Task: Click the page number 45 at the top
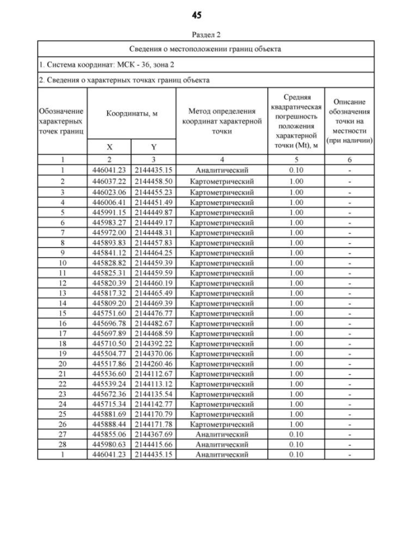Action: click(x=197, y=14)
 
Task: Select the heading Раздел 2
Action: click(x=197, y=35)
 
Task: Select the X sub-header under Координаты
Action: click(x=109, y=148)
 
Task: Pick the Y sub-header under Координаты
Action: click(x=153, y=148)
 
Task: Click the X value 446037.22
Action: click(x=109, y=182)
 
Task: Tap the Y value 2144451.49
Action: click(x=153, y=201)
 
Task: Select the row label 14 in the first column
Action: click(x=62, y=303)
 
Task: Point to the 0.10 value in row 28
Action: click(x=296, y=444)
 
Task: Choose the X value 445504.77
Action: click(x=109, y=354)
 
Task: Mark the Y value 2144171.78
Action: click(x=153, y=425)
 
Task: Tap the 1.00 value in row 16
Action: click(x=296, y=324)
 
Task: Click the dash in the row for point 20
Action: click(x=349, y=364)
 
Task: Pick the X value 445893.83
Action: click(x=109, y=243)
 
